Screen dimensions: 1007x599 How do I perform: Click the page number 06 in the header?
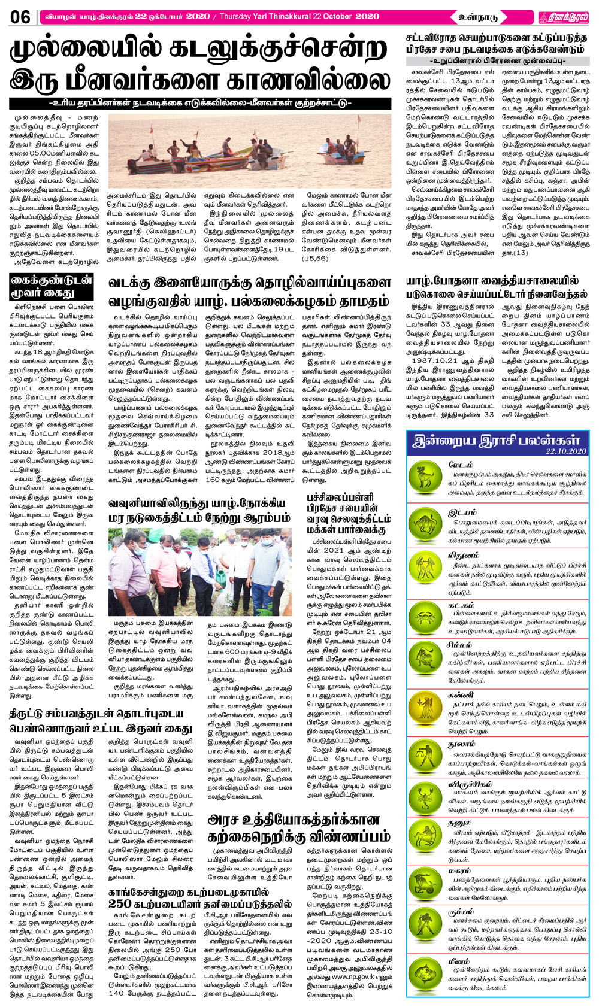pyautogui.click(x=20, y=16)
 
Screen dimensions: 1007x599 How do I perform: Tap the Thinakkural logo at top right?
pyautogui.click(x=562, y=17)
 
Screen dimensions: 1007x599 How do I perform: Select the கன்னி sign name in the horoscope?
pyautogui.click(x=461, y=695)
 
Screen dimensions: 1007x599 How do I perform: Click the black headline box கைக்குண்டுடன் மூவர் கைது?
pyautogui.click(x=51, y=287)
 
